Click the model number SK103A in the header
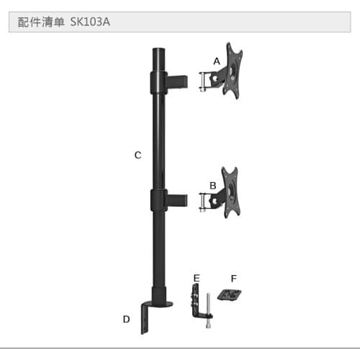point(90,22)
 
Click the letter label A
point(216,61)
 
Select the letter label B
point(212,185)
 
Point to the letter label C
point(138,155)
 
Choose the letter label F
point(233,277)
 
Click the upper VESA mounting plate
point(234,71)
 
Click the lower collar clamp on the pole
point(156,199)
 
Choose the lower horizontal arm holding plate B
point(184,200)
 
